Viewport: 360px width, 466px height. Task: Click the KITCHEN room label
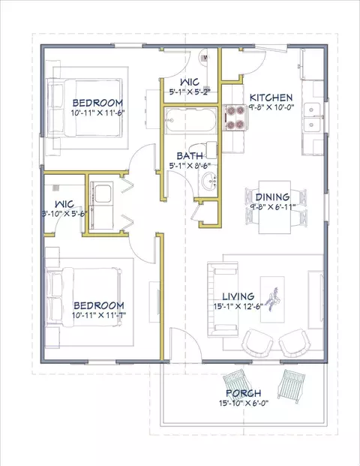[x=271, y=98]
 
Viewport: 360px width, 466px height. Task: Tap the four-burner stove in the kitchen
[x=235, y=118]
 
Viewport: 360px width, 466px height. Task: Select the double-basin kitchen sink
[x=311, y=117]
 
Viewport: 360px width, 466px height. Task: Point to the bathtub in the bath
[x=191, y=121]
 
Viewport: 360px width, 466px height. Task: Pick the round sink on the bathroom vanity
[x=209, y=180]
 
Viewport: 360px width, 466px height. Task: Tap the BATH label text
[x=190, y=156]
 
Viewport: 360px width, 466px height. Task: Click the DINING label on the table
[x=272, y=197]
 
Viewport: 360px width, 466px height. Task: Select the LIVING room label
[x=238, y=296]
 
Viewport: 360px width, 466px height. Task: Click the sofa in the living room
[x=223, y=299]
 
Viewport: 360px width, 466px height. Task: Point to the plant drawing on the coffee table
[x=274, y=299]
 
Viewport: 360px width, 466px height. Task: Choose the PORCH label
[x=244, y=393]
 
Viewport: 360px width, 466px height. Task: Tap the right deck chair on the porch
[x=292, y=386]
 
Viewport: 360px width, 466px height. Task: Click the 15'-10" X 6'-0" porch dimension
[x=244, y=403]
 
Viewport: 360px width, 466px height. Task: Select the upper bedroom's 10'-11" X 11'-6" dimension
[x=97, y=113]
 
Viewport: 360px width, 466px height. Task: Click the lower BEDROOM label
[x=99, y=305]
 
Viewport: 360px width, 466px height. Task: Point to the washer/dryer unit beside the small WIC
[x=101, y=206]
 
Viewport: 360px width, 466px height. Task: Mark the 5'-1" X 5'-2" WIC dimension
[x=190, y=92]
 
